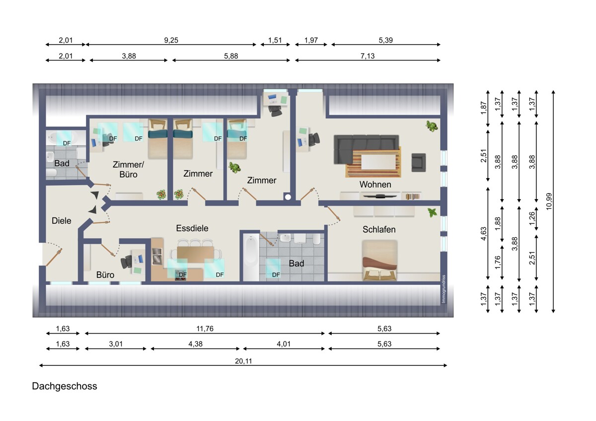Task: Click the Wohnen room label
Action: [375, 184]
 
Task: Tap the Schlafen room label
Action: [379, 229]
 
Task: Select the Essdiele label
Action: [192, 228]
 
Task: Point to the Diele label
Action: [62, 220]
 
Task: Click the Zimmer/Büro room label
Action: [128, 169]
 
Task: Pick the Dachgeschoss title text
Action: [65, 386]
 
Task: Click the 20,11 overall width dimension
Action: [243, 361]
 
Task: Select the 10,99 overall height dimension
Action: [549, 202]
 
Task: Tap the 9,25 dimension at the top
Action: [171, 40]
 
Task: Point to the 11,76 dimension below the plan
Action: [205, 329]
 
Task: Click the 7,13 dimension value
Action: [368, 56]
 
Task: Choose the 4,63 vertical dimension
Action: [483, 233]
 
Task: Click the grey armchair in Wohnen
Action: [419, 162]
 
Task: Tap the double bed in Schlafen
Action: [379, 260]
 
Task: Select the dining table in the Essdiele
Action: [195, 253]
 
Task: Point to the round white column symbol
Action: [288, 197]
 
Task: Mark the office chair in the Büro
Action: [127, 262]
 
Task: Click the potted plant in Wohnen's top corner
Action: [432, 126]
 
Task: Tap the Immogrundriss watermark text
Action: [443, 289]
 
